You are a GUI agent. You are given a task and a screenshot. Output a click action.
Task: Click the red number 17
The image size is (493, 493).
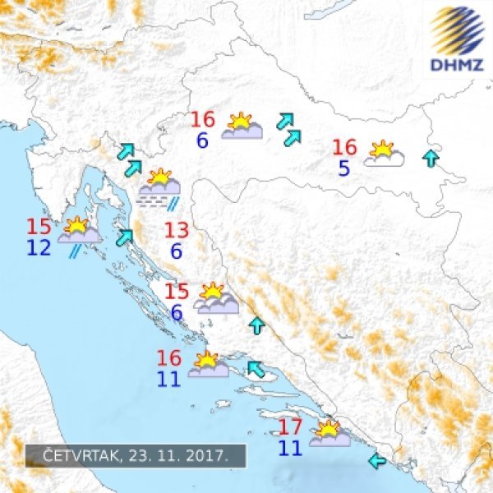291,427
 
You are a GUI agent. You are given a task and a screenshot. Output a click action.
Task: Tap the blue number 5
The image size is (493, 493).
343,168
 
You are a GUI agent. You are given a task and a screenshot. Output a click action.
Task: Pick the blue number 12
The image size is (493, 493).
39,247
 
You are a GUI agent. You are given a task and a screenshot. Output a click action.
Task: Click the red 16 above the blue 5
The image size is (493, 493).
344,148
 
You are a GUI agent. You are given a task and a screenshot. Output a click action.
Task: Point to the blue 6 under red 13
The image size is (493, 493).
177,251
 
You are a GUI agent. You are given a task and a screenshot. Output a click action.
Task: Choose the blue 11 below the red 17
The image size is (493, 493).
290,448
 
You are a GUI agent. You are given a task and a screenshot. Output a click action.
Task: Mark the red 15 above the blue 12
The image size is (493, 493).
39,227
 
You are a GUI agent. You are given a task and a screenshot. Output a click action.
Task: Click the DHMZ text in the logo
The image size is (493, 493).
458,65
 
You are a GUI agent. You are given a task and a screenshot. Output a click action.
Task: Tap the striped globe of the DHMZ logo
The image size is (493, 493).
458,30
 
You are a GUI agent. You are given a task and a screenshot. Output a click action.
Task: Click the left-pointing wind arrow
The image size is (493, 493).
379,458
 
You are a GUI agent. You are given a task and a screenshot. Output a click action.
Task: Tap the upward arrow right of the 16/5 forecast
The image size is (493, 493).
430,159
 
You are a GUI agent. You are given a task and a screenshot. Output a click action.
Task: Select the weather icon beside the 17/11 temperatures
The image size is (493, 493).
329,435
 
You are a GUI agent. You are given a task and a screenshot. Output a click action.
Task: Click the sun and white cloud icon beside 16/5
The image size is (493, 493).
384,154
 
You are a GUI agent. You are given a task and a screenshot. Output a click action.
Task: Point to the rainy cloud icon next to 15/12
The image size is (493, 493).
79,234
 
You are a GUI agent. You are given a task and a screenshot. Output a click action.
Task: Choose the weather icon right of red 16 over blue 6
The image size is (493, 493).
242,127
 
